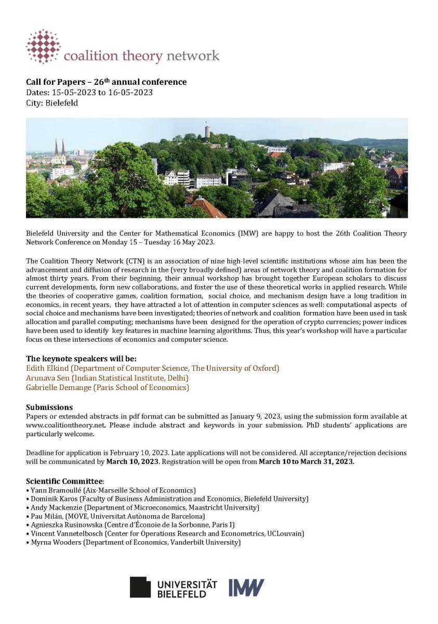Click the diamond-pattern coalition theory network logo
point(44,46)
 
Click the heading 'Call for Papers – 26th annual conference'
point(106,82)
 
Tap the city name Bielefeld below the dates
point(62,103)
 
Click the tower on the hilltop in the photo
point(208,131)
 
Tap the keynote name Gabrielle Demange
point(58,387)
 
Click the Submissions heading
point(49,407)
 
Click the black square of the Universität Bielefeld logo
point(140,587)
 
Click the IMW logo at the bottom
point(246,587)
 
